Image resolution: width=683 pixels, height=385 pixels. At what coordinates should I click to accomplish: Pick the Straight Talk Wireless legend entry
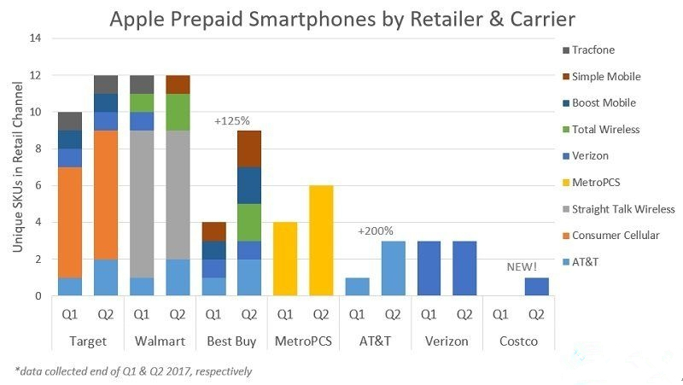point(623,208)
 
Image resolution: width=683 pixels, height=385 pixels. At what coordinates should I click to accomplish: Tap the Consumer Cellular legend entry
point(616,235)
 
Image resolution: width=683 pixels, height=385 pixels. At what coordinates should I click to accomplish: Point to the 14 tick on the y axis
point(35,38)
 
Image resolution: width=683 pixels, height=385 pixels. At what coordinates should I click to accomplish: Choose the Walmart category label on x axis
point(161,340)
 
